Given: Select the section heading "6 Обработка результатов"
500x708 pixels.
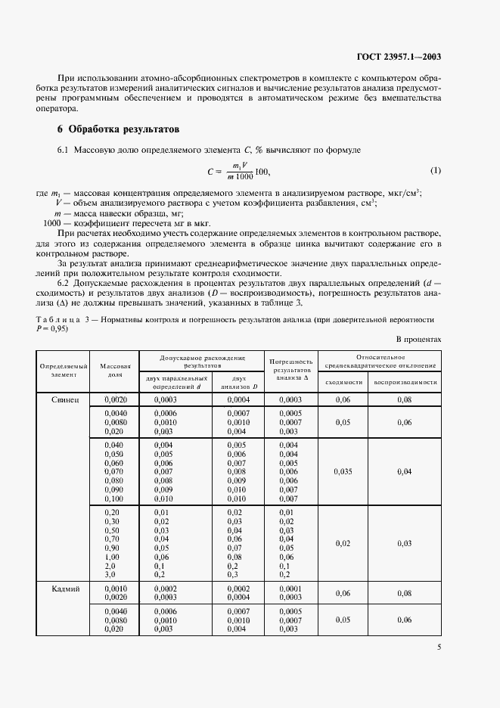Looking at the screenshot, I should click(x=119, y=129).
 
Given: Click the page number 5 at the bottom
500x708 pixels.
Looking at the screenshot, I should click(x=439, y=646).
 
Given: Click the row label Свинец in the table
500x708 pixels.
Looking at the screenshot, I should click(x=64, y=398).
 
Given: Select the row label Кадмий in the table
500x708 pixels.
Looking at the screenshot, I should click(x=64, y=588).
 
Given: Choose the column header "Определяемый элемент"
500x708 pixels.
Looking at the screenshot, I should click(x=64, y=370).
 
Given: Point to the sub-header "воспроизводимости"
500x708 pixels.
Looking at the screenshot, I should click(x=405, y=382).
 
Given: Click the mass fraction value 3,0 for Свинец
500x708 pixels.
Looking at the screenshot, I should click(x=112, y=574).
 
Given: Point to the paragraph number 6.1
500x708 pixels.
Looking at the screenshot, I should click(x=64, y=152).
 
